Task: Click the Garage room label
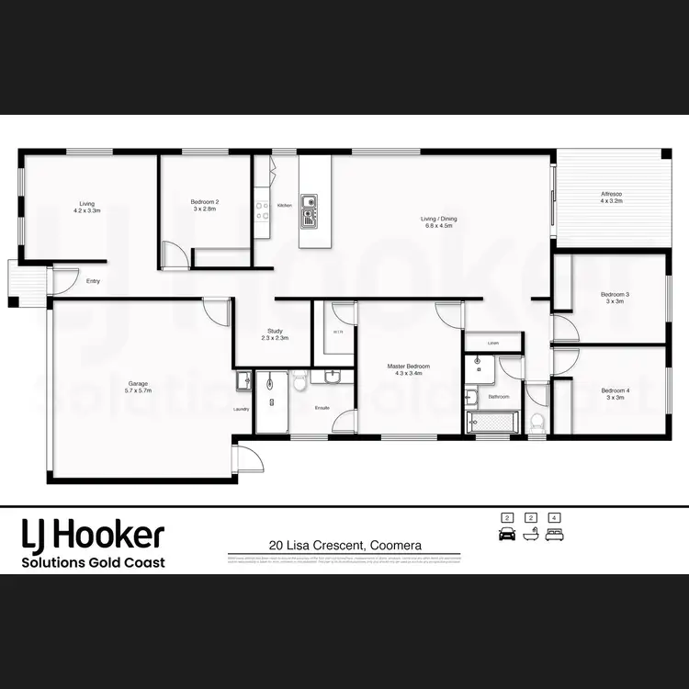click(138, 387)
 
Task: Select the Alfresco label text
click(611, 198)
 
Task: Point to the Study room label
click(275, 334)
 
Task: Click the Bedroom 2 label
click(204, 205)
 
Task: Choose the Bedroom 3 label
click(613, 298)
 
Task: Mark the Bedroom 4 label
click(614, 394)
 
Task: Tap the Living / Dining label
click(438, 221)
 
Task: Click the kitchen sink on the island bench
click(309, 209)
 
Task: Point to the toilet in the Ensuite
click(299, 381)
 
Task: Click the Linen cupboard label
click(492, 343)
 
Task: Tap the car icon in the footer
click(505, 535)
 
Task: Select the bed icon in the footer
click(553, 535)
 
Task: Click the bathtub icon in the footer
click(529, 535)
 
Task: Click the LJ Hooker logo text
click(93, 534)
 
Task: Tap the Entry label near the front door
click(93, 281)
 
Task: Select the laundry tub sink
click(243, 379)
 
